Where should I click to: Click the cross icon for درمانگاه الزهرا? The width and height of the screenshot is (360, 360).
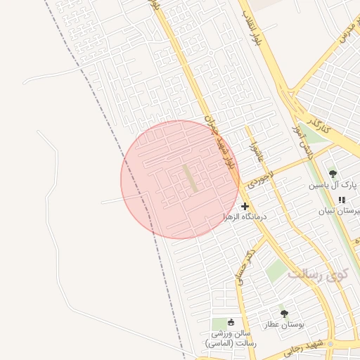tap(245, 206)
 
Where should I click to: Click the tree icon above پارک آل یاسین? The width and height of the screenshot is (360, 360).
tap(333, 174)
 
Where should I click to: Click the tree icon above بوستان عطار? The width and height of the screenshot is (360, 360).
tap(284, 314)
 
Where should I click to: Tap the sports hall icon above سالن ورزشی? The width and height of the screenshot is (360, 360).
tap(231, 322)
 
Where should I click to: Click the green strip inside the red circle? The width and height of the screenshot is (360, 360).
tap(191, 179)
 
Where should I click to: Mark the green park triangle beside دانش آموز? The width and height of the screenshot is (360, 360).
tap(312, 134)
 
